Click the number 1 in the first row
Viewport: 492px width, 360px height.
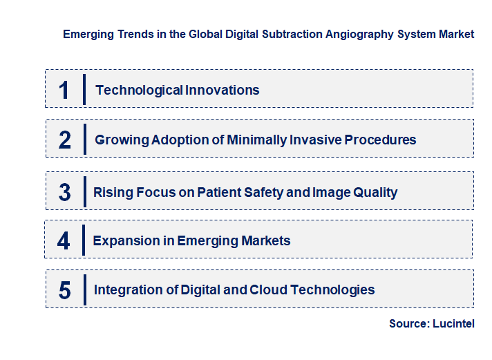tap(64, 90)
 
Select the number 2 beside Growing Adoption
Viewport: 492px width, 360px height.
tap(65, 140)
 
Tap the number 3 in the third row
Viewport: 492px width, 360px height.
tap(64, 192)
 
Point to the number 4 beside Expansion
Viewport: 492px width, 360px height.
tap(64, 241)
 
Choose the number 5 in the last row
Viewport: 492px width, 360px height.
tap(64, 290)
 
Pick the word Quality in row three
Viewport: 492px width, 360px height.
tap(373, 192)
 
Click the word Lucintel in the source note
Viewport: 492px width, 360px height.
tap(454, 323)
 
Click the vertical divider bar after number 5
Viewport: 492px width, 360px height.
tap(84, 290)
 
